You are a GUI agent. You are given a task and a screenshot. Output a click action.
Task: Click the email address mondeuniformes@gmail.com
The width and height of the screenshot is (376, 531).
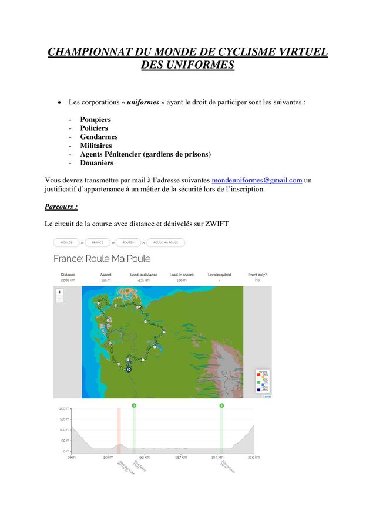257,180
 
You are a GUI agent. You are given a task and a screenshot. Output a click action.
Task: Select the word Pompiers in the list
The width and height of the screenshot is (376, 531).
95,120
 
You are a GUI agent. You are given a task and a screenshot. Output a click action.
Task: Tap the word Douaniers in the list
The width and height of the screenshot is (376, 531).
97,163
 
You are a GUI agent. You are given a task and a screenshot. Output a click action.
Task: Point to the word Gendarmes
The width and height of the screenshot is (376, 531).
99,137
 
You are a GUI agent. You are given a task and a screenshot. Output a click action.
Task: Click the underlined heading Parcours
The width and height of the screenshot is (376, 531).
61,207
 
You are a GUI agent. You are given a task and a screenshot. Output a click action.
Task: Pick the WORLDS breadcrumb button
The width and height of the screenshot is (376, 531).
66,242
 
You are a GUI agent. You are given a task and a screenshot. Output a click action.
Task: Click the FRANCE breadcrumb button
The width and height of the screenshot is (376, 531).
98,242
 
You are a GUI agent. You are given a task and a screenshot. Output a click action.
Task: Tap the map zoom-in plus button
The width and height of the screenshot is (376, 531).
59,292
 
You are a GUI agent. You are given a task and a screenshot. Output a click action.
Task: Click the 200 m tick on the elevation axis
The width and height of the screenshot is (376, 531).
63,408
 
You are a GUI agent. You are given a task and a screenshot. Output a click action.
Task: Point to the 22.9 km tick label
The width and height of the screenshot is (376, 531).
254,457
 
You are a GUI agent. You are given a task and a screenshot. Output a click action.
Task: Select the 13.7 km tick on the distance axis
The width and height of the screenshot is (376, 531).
181,457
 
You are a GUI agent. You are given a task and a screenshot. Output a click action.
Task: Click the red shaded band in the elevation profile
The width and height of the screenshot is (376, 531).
119,431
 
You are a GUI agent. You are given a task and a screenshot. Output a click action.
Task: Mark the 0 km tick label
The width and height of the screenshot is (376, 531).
71,457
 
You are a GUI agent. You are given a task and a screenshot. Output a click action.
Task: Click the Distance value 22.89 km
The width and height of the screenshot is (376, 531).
68,280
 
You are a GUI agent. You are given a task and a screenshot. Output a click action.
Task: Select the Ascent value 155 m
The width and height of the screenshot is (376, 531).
106,280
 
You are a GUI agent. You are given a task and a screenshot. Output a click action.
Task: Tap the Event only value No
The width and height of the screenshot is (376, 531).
257,280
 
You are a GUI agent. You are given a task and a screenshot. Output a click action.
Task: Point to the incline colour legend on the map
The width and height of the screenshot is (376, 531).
263,381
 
